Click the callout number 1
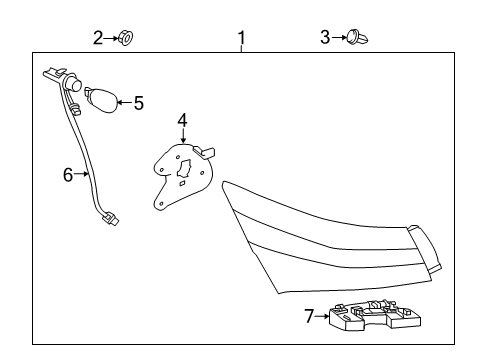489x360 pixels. click(x=242, y=38)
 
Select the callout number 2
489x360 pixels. click(x=98, y=38)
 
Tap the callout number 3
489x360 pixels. click(x=325, y=37)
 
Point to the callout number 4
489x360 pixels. click(x=182, y=120)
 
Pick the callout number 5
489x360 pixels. click(x=139, y=103)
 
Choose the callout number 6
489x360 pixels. click(x=68, y=175)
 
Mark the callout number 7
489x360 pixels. click(x=309, y=316)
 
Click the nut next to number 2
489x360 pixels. click(x=126, y=38)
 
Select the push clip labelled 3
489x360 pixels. click(x=357, y=37)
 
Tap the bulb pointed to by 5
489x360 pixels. click(x=102, y=100)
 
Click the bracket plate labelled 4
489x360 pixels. click(x=184, y=177)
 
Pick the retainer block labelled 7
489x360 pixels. click(x=375, y=315)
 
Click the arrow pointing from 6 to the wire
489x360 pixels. click(x=82, y=174)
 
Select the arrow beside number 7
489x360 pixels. click(x=322, y=316)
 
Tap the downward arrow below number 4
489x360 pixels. click(x=182, y=136)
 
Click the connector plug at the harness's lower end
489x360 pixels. click(x=110, y=219)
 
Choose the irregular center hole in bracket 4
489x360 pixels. click(x=184, y=169)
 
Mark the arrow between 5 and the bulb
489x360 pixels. click(x=125, y=102)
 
